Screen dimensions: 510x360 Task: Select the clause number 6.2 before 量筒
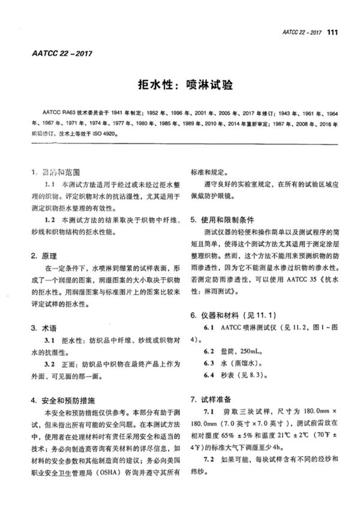pos(209,352)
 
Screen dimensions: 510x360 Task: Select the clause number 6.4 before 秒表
pos(209,376)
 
